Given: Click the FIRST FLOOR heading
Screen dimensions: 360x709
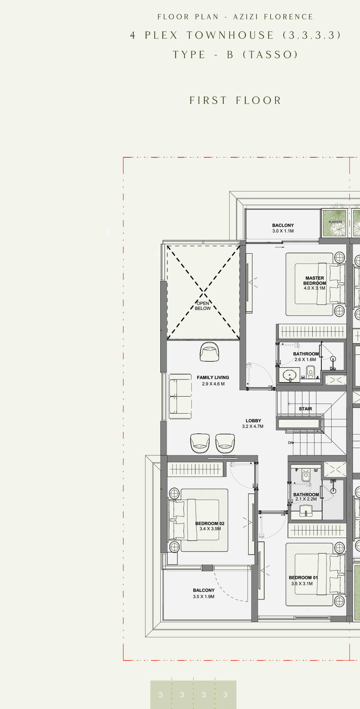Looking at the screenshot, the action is click(x=236, y=100).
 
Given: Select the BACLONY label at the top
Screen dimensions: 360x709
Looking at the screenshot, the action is click(x=283, y=225).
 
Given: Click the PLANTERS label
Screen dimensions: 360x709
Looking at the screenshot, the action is click(x=336, y=222).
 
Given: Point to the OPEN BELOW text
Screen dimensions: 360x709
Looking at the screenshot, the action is click(x=203, y=306).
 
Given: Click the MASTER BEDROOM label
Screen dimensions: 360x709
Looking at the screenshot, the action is click(x=315, y=280).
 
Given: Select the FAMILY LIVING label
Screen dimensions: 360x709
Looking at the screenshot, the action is click(x=213, y=377).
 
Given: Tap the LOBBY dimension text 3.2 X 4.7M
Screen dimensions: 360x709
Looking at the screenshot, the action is click(x=253, y=426).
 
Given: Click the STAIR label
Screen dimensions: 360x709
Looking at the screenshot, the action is click(x=305, y=409).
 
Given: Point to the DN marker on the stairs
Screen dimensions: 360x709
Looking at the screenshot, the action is click(x=291, y=443).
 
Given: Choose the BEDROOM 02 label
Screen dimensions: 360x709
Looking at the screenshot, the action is click(x=210, y=523).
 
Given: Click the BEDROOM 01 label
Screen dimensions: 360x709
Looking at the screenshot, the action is click(x=303, y=577).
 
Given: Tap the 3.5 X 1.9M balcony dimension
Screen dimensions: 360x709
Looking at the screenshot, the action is click(x=204, y=596).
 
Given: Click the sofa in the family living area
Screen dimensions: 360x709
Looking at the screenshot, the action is click(x=180, y=396).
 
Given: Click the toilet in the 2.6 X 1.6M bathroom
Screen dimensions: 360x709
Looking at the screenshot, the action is click(x=310, y=371).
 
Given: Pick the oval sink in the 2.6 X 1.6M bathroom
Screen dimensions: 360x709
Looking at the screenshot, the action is click(x=290, y=375).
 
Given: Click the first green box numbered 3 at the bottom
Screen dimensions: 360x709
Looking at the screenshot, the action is click(x=161, y=694).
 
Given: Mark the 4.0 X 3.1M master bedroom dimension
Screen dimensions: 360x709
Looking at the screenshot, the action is click(x=314, y=288).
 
